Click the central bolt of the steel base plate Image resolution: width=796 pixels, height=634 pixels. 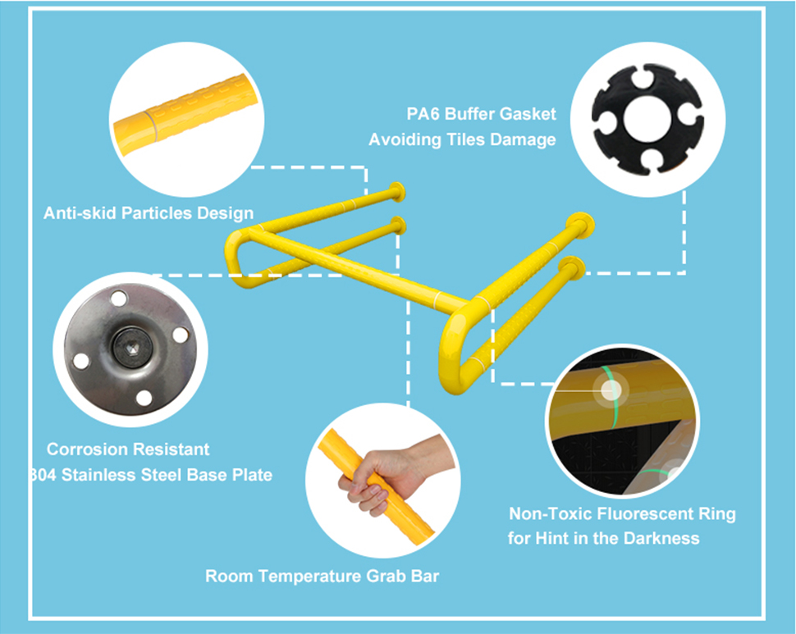pyautogui.click(x=132, y=348)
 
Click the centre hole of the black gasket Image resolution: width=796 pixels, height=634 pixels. pyautogui.click(x=647, y=120)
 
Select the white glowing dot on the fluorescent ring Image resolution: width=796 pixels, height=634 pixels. pyautogui.click(x=611, y=390)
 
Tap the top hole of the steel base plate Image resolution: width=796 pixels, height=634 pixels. pyautogui.click(x=119, y=299)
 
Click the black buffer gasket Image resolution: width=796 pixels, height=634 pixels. pyautogui.click(x=647, y=120)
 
